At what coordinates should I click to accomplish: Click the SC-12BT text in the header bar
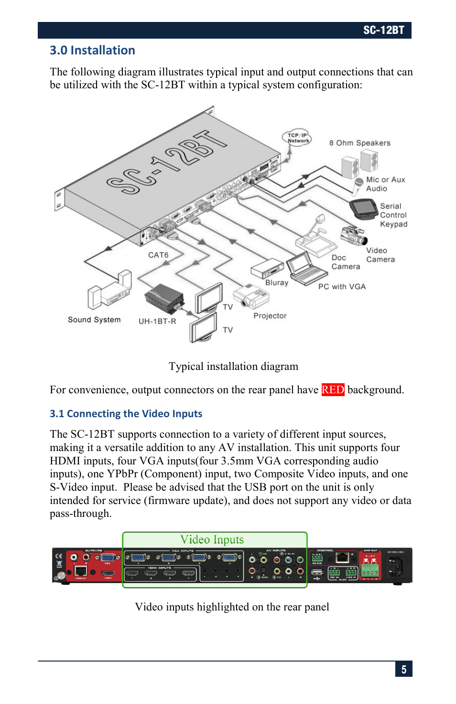[x=383, y=31]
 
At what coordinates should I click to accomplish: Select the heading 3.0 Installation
[x=92, y=50]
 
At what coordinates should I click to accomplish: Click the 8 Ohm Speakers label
[x=359, y=143]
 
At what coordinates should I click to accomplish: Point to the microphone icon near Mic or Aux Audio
[x=358, y=186]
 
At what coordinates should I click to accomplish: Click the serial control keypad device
[x=364, y=209]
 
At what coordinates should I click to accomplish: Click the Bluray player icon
[x=267, y=268]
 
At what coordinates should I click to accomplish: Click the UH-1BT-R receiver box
[x=164, y=298]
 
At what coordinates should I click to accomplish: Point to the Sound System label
[x=94, y=320]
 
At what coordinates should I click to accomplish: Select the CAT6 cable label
[x=158, y=255]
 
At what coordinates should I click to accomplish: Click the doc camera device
[x=316, y=239]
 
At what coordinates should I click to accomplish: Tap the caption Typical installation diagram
[x=233, y=366]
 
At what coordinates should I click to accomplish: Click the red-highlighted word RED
[x=333, y=389]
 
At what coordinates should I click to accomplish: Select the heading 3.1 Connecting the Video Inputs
[x=126, y=413]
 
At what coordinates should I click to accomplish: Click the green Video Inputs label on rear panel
[x=212, y=539]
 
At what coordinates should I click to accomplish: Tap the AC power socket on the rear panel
[x=395, y=567]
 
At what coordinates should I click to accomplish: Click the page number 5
[x=403, y=669]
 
